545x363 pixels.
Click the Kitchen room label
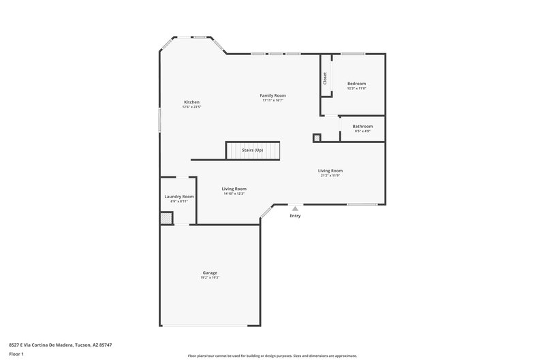click(191, 102)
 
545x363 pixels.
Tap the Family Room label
click(272, 95)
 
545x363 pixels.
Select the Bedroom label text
click(356, 84)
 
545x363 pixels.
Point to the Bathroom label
click(362, 126)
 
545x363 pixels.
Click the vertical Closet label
click(326, 78)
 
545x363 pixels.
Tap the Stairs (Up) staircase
click(253, 150)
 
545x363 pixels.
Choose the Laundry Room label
click(179, 197)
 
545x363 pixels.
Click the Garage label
click(210, 272)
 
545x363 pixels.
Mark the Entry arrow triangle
click(295, 209)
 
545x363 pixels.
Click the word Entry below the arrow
click(295, 216)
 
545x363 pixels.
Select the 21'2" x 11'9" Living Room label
click(330, 170)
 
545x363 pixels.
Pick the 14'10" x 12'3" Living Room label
click(234, 189)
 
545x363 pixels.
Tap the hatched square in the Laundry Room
click(166, 218)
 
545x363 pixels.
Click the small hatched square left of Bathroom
click(317, 138)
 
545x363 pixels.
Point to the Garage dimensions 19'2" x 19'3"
click(210, 277)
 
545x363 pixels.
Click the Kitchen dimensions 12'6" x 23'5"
click(191, 107)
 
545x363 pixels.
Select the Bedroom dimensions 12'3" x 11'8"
click(356, 89)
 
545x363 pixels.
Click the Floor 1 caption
click(17, 355)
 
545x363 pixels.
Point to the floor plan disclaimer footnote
click(272, 356)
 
